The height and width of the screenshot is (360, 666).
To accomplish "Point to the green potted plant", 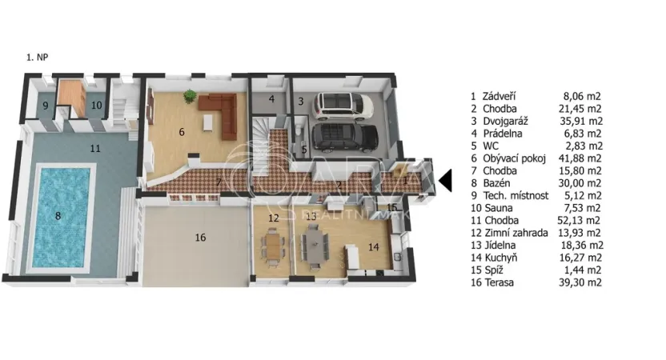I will [x=189, y=97].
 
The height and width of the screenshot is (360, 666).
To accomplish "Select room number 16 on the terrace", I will [x=200, y=237].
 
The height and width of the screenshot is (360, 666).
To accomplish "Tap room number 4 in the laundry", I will [x=272, y=99].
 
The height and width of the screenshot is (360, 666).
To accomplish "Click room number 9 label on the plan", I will [x=46, y=106].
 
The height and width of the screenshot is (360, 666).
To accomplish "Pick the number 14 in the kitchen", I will [x=373, y=246].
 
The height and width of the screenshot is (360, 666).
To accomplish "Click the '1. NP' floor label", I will [x=38, y=58].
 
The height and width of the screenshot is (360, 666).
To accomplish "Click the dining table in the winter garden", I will [x=275, y=242].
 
